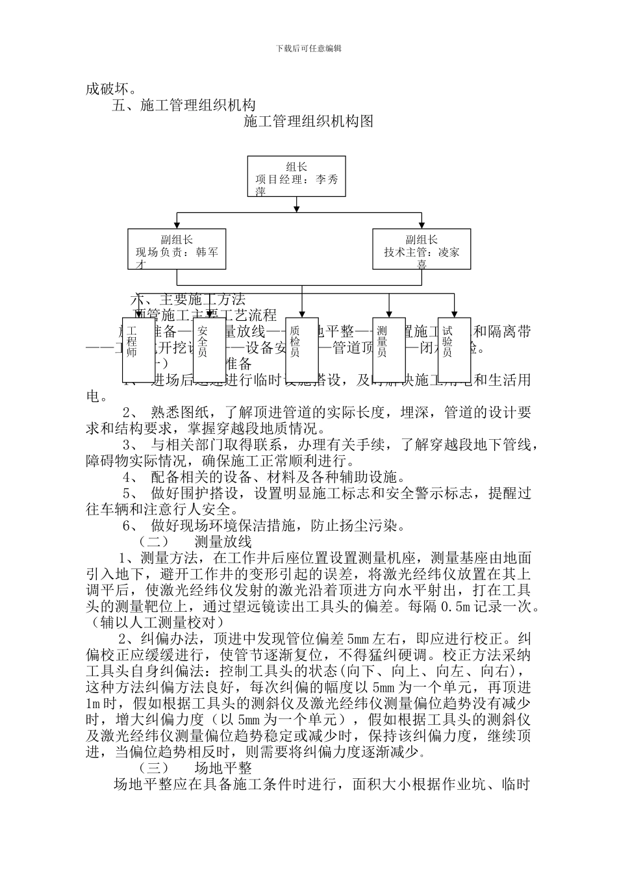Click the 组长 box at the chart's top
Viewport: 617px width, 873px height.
296,177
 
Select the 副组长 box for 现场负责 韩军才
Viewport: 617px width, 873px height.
177,249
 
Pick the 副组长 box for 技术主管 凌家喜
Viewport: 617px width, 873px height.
422,249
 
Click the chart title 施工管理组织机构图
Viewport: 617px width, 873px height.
308,121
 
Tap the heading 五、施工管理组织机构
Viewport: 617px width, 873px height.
184,105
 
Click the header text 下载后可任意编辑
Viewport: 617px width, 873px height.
308,48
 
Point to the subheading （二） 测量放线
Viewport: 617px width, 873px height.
195,541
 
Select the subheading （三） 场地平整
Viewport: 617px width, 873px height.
195,768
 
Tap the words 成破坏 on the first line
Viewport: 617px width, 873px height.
107,88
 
